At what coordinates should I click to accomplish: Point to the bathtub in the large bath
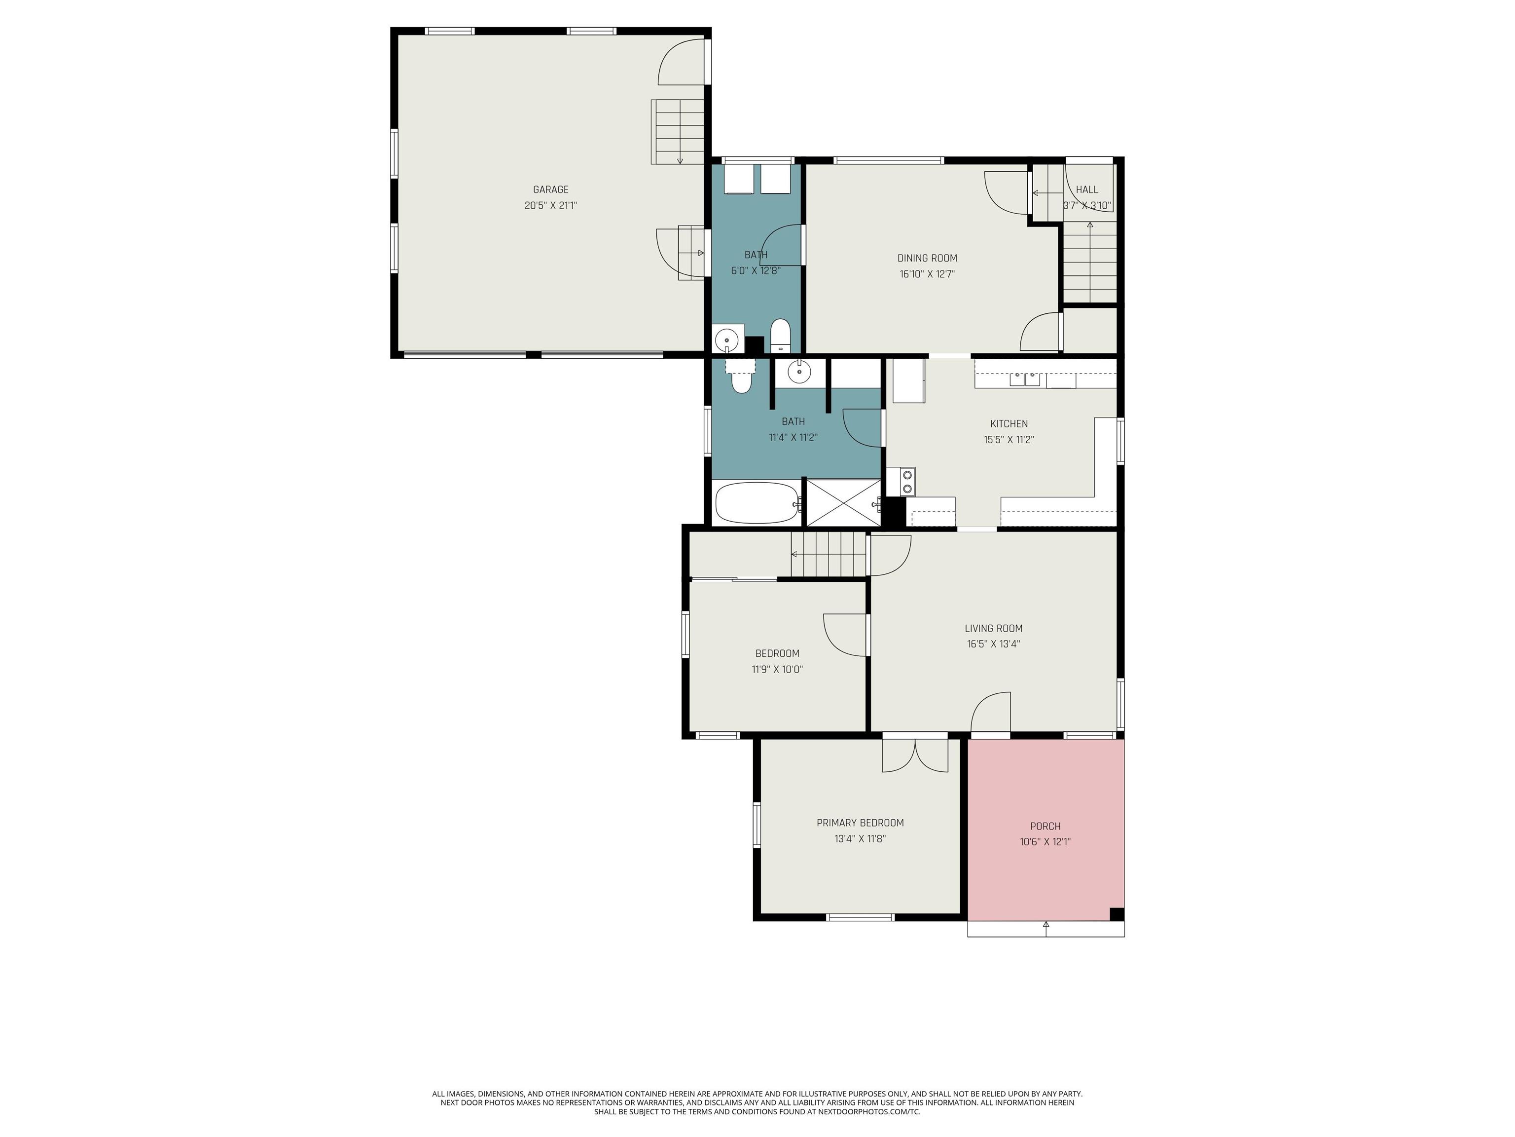pos(757,503)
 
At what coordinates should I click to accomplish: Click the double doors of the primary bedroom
pos(915,755)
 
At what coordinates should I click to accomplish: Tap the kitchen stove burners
pos(907,481)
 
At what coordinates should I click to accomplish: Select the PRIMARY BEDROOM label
pos(860,823)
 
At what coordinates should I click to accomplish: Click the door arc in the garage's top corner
pos(682,62)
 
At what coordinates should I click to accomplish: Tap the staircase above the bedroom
pos(828,555)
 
